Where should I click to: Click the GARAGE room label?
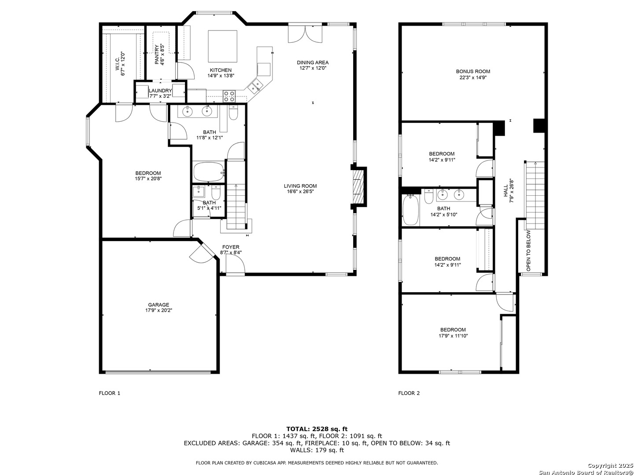[158, 305]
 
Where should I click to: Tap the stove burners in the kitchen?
[229, 96]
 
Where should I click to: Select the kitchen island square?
[222, 46]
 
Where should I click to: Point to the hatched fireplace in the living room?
[358, 187]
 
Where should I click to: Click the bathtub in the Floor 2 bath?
[410, 210]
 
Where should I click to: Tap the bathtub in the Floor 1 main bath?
[209, 172]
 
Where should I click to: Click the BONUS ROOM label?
[473, 71]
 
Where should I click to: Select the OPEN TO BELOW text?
[528, 250]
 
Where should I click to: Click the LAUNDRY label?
[160, 91]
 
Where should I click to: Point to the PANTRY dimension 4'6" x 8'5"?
[162, 54]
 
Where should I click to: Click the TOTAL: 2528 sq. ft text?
[317, 429]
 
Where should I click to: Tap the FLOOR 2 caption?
[409, 393]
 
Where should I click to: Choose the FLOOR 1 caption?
[110, 393]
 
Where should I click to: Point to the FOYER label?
[231, 247]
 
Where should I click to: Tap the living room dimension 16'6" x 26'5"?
[300, 191]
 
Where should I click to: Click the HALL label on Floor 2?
[505, 191]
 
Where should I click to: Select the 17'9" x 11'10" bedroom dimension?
[453, 336]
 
